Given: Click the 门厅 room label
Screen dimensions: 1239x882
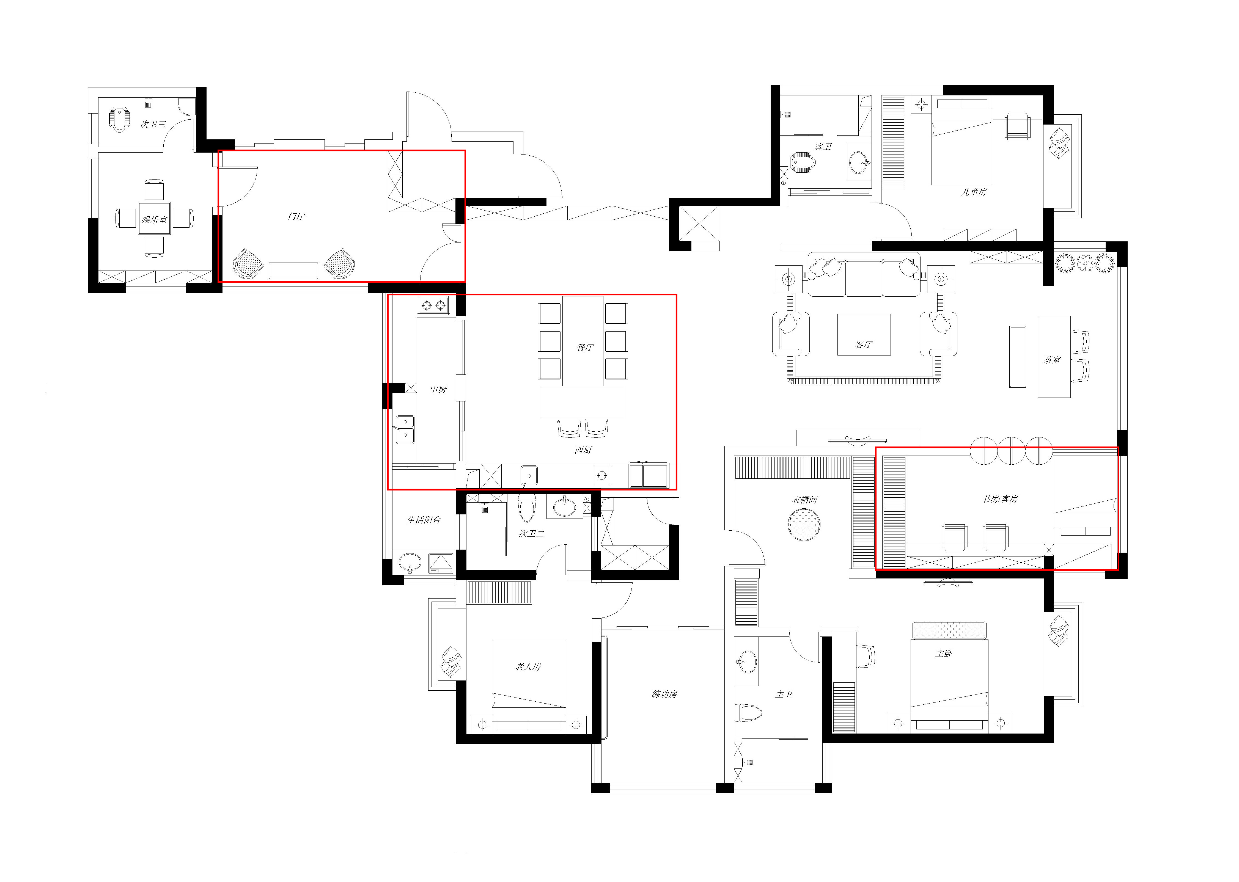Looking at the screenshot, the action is [x=296, y=216].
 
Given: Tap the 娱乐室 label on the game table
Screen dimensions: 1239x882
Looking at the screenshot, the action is [x=154, y=219].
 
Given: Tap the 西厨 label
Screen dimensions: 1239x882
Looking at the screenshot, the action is [x=583, y=450].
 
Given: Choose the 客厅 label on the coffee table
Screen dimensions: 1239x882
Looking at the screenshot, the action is [x=864, y=344].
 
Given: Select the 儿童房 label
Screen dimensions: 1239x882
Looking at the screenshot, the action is [x=974, y=192].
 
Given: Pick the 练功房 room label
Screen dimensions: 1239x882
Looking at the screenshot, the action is [x=664, y=694].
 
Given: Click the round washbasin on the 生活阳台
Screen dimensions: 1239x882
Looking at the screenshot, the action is [x=410, y=563].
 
